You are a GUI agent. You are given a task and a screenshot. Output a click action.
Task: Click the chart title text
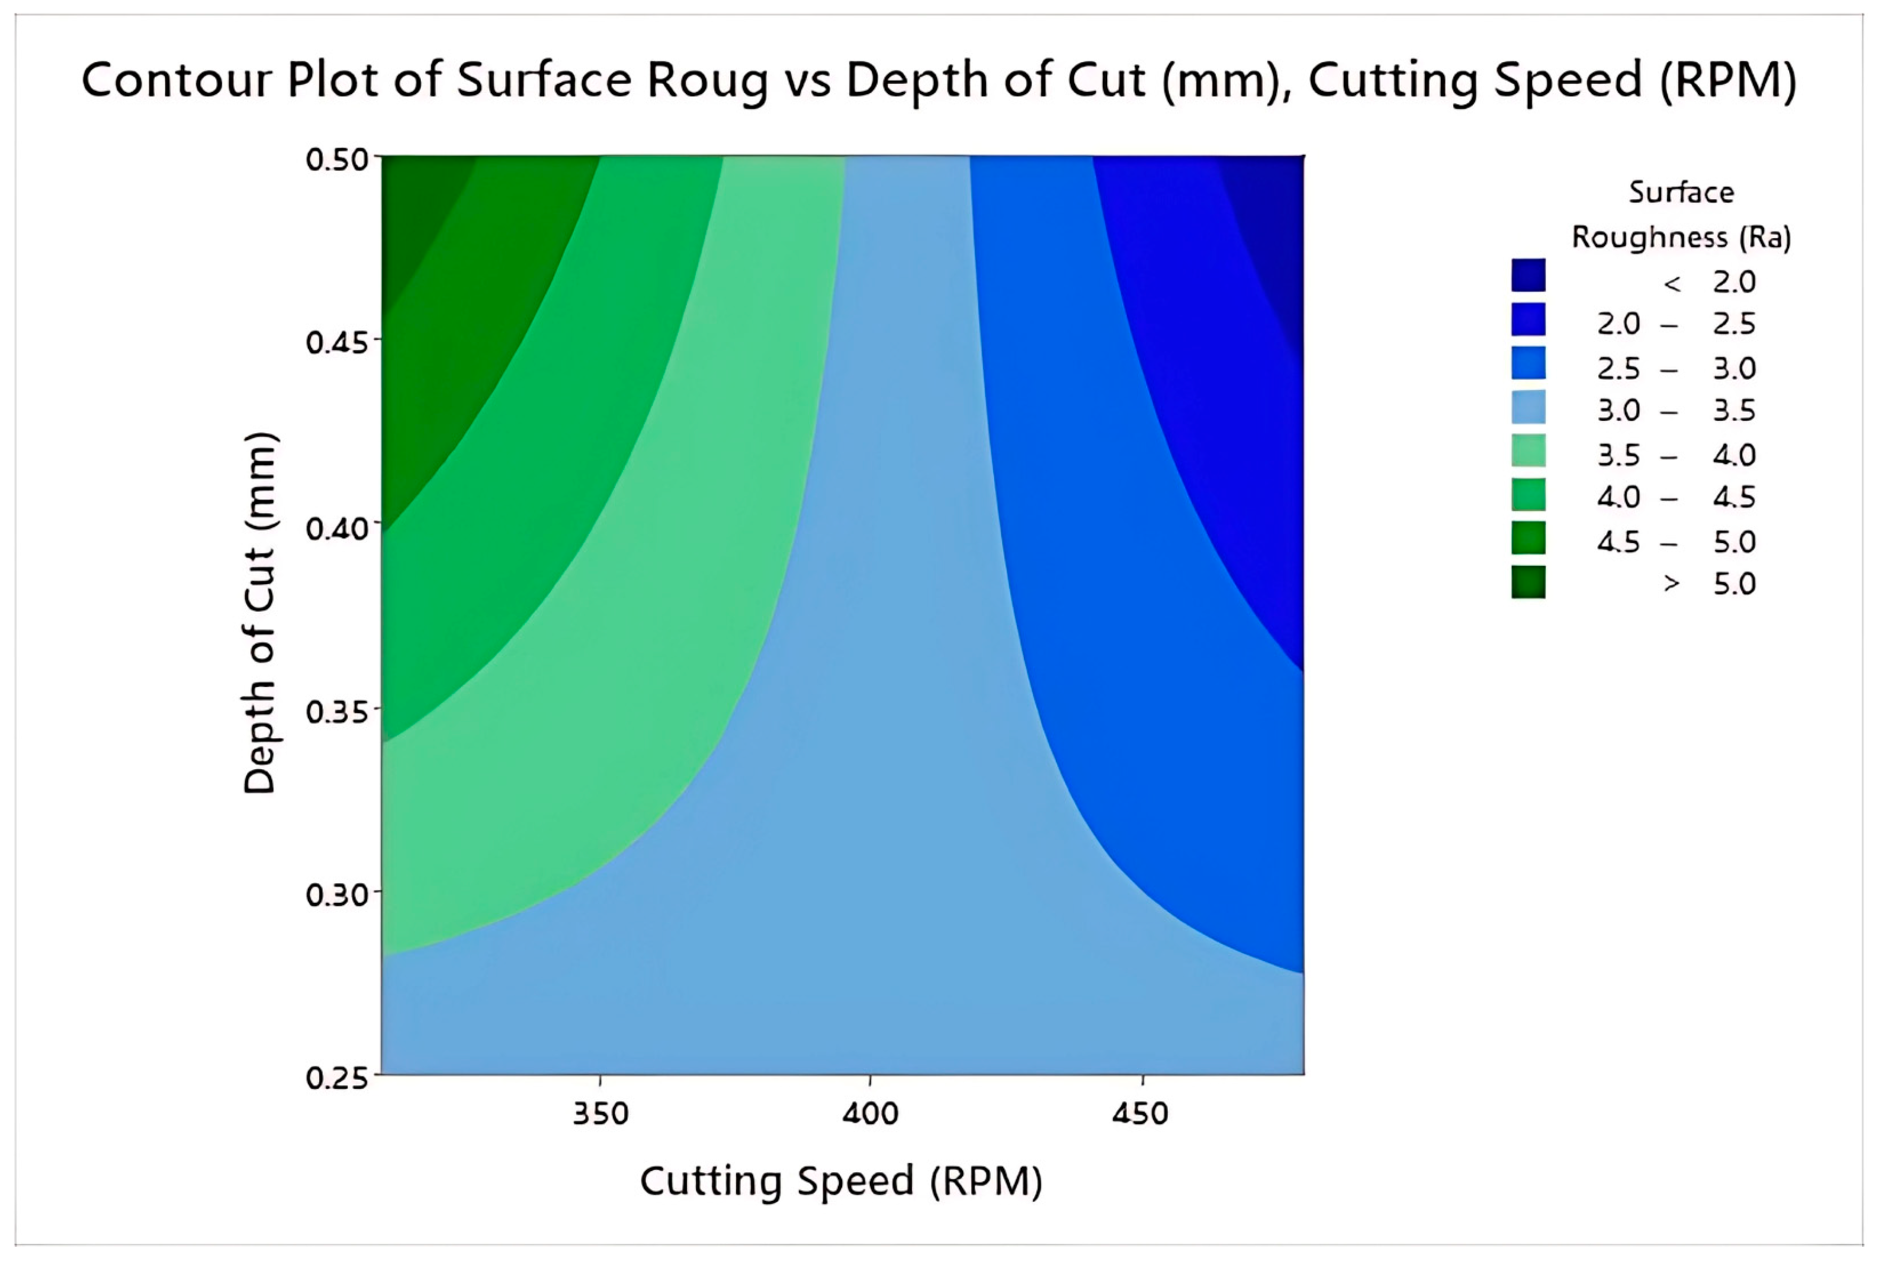(x=939, y=81)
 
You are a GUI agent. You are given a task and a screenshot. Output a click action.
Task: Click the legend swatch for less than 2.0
(x=1528, y=275)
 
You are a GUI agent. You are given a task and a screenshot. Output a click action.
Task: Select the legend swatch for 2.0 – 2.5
(x=1528, y=319)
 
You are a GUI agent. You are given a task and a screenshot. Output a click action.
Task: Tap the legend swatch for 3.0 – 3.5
(x=1528, y=407)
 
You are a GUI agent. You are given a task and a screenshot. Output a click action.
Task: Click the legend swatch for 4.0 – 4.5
(x=1528, y=494)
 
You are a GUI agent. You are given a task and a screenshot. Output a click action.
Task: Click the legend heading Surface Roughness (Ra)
(x=1681, y=215)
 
